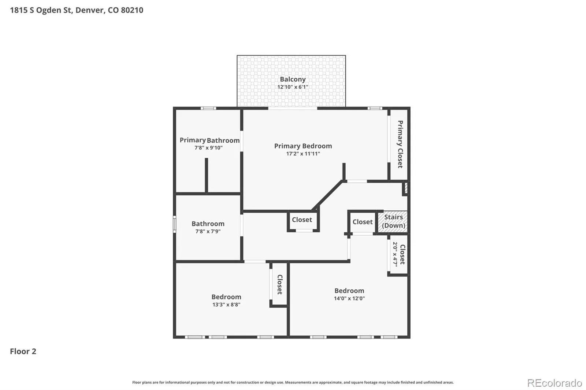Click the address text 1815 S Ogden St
click(41, 10)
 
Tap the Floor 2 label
click(23, 351)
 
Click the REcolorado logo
click(555, 383)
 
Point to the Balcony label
click(293, 79)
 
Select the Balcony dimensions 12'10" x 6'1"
click(293, 87)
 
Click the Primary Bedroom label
click(303, 146)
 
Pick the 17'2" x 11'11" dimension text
click(303, 154)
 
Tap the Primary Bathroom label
click(209, 140)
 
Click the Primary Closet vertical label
click(400, 144)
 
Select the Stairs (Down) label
click(393, 221)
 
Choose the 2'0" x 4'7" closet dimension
click(395, 254)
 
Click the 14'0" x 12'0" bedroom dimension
click(349, 298)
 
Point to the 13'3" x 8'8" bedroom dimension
click(226, 304)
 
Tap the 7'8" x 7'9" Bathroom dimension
click(208, 231)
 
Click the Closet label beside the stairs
click(362, 222)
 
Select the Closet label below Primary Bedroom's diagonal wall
click(302, 220)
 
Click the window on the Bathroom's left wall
click(174, 224)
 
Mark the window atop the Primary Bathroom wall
click(208, 108)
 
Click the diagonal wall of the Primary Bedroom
click(327, 195)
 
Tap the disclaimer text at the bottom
click(293, 382)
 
